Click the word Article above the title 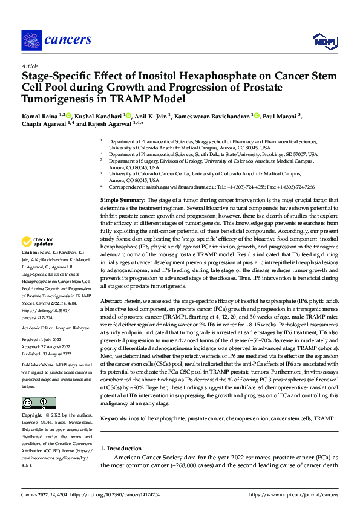(x=30, y=66)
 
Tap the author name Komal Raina (x=38, y=115)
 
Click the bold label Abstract (x=111, y=300)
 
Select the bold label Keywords (x=114, y=418)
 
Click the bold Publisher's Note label (x=38, y=365)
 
